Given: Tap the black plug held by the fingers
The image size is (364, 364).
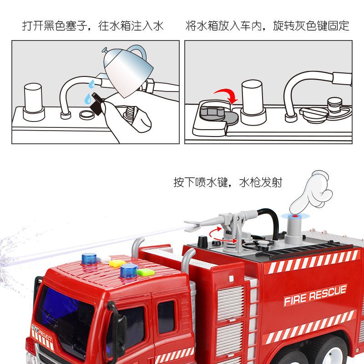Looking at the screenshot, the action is pyautogui.click(x=97, y=104).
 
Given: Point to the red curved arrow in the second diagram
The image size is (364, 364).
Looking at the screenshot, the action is pyautogui.click(x=226, y=95).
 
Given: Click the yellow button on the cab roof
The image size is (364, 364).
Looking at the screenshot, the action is pyautogui.click(x=117, y=263).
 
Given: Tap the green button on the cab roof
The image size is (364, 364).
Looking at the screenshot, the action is pyautogui.click(x=146, y=272).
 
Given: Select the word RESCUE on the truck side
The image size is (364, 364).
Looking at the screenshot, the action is pyautogui.click(x=328, y=293).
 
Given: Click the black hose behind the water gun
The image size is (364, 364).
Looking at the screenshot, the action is pyautogui.click(x=269, y=222).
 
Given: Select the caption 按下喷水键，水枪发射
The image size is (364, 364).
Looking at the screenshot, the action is pyautogui.click(x=228, y=182).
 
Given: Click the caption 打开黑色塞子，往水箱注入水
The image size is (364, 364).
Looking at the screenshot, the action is pyautogui.click(x=93, y=25).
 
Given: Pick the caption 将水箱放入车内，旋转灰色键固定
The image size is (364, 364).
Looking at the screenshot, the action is pyautogui.click(x=268, y=25).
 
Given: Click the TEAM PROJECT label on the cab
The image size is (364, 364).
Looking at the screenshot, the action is pyautogui.click(x=42, y=333).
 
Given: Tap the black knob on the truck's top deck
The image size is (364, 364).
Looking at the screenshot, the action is pyautogui.click(x=202, y=242).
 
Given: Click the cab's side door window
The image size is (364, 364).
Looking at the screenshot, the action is pyautogui.click(x=166, y=317).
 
